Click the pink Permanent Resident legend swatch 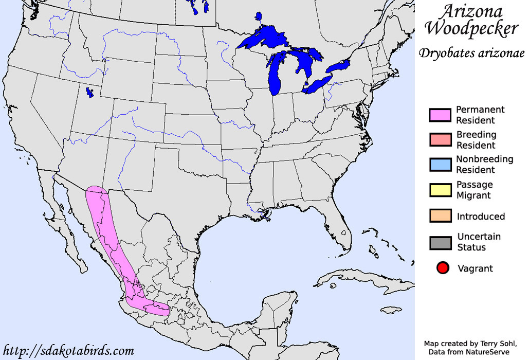click(x=440, y=115)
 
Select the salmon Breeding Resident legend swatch click(x=440, y=140)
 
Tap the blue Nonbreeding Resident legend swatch click(x=440, y=165)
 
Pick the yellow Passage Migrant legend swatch click(x=440, y=190)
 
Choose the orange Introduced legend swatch click(x=440, y=216)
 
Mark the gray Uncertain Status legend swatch click(x=440, y=243)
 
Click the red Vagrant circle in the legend click(x=442, y=268)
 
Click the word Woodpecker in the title click(x=471, y=28)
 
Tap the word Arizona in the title click(x=471, y=11)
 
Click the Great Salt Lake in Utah click(x=90, y=93)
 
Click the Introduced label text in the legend click(x=481, y=217)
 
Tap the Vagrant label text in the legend click(x=475, y=268)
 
